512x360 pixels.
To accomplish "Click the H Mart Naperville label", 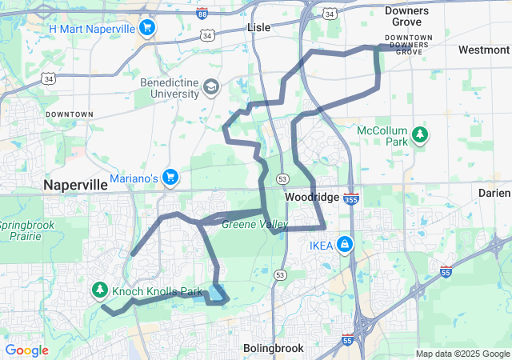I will point(90,29).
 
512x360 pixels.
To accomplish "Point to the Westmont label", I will point(484,50).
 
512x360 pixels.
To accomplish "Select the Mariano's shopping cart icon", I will point(170,177).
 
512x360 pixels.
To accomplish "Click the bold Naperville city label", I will point(75,185).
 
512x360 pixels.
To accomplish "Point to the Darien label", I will point(494,194).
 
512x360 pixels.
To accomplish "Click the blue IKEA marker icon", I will point(344,244).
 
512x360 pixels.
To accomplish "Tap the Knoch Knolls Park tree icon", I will point(101,290).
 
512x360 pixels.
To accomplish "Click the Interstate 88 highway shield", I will point(202,14).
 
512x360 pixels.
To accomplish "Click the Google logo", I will point(27,350).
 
